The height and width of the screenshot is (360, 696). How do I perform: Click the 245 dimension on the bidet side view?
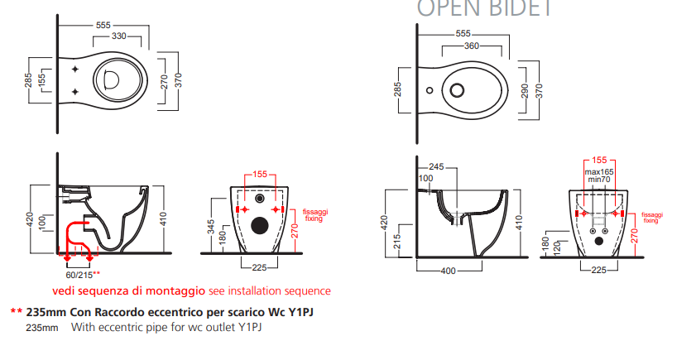[437, 166]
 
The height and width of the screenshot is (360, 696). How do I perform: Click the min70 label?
[599, 179]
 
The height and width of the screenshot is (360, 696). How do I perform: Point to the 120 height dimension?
[556, 247]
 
